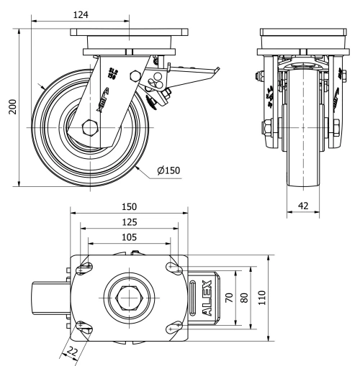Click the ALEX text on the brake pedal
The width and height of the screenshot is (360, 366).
209,296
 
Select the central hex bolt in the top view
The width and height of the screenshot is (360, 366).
127,296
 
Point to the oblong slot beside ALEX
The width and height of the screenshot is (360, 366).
196,296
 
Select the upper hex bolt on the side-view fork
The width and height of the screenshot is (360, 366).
132,76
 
